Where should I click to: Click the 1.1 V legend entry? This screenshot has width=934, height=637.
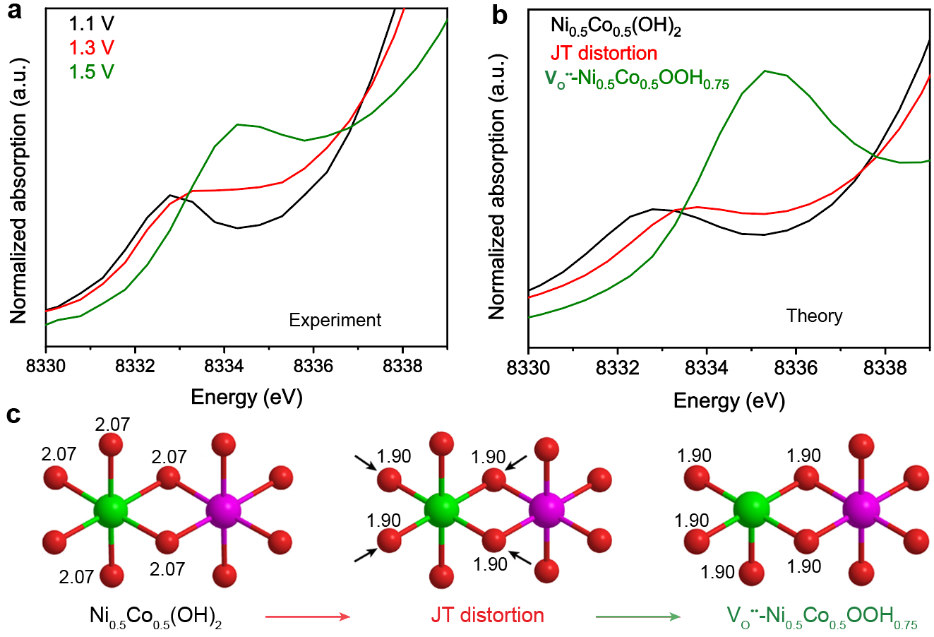(91, 24)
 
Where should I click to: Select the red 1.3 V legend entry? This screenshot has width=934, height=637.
(91, 48)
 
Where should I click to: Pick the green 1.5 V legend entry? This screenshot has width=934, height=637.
(91, 72)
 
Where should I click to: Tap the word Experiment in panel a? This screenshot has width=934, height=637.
(335, 321)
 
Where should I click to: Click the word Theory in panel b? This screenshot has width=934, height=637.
(814, 316)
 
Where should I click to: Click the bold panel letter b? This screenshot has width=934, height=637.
(500, 14)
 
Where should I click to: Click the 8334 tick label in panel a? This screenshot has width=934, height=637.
(224, 366)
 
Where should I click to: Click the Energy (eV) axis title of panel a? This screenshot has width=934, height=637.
(246, 397)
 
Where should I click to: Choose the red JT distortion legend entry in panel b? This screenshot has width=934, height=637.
(604, 53)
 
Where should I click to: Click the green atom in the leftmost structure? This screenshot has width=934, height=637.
(111, 510)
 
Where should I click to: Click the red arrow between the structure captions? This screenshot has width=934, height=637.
(308, 617)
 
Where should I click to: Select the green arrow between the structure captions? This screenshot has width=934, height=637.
(637, 617)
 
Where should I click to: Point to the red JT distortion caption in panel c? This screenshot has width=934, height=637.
(487, 615)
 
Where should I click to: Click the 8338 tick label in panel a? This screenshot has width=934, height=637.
(402, 366)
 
